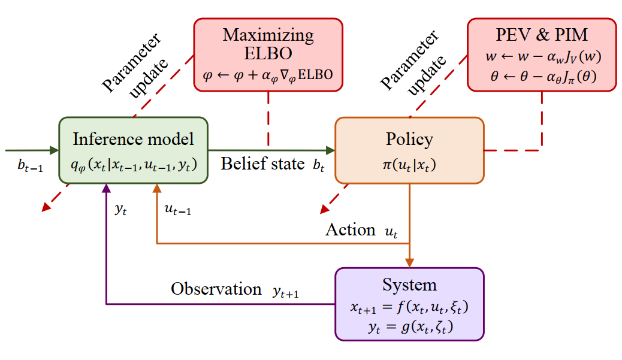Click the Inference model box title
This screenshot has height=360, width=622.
coord(133,140)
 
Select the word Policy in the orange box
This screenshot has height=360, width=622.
coord(409,140)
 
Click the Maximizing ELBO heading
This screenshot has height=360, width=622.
coord(268,44)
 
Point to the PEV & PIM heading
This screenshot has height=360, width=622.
coord(542,35)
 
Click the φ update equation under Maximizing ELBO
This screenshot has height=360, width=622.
coord(268,75)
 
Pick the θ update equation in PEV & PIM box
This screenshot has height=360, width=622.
coord(542,77)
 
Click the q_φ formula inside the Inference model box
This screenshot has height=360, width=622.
coord(133,164)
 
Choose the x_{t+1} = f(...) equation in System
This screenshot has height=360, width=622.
coord(409,307)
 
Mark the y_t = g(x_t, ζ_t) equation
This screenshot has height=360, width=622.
coord(409,327)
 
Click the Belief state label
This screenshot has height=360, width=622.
coord(262,164)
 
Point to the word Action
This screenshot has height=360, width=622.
coord(351,229)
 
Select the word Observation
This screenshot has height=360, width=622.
coord(216,289)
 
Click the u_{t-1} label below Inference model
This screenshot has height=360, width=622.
coord(177,210)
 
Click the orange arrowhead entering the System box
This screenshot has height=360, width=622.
coord(409,262)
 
